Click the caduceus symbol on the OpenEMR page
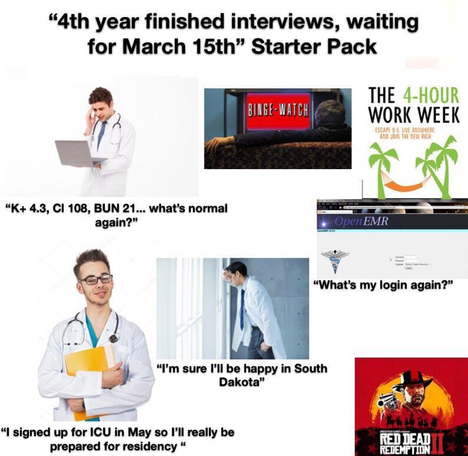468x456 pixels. tap(335, 257)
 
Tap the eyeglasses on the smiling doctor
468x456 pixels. tap(95, 279)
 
